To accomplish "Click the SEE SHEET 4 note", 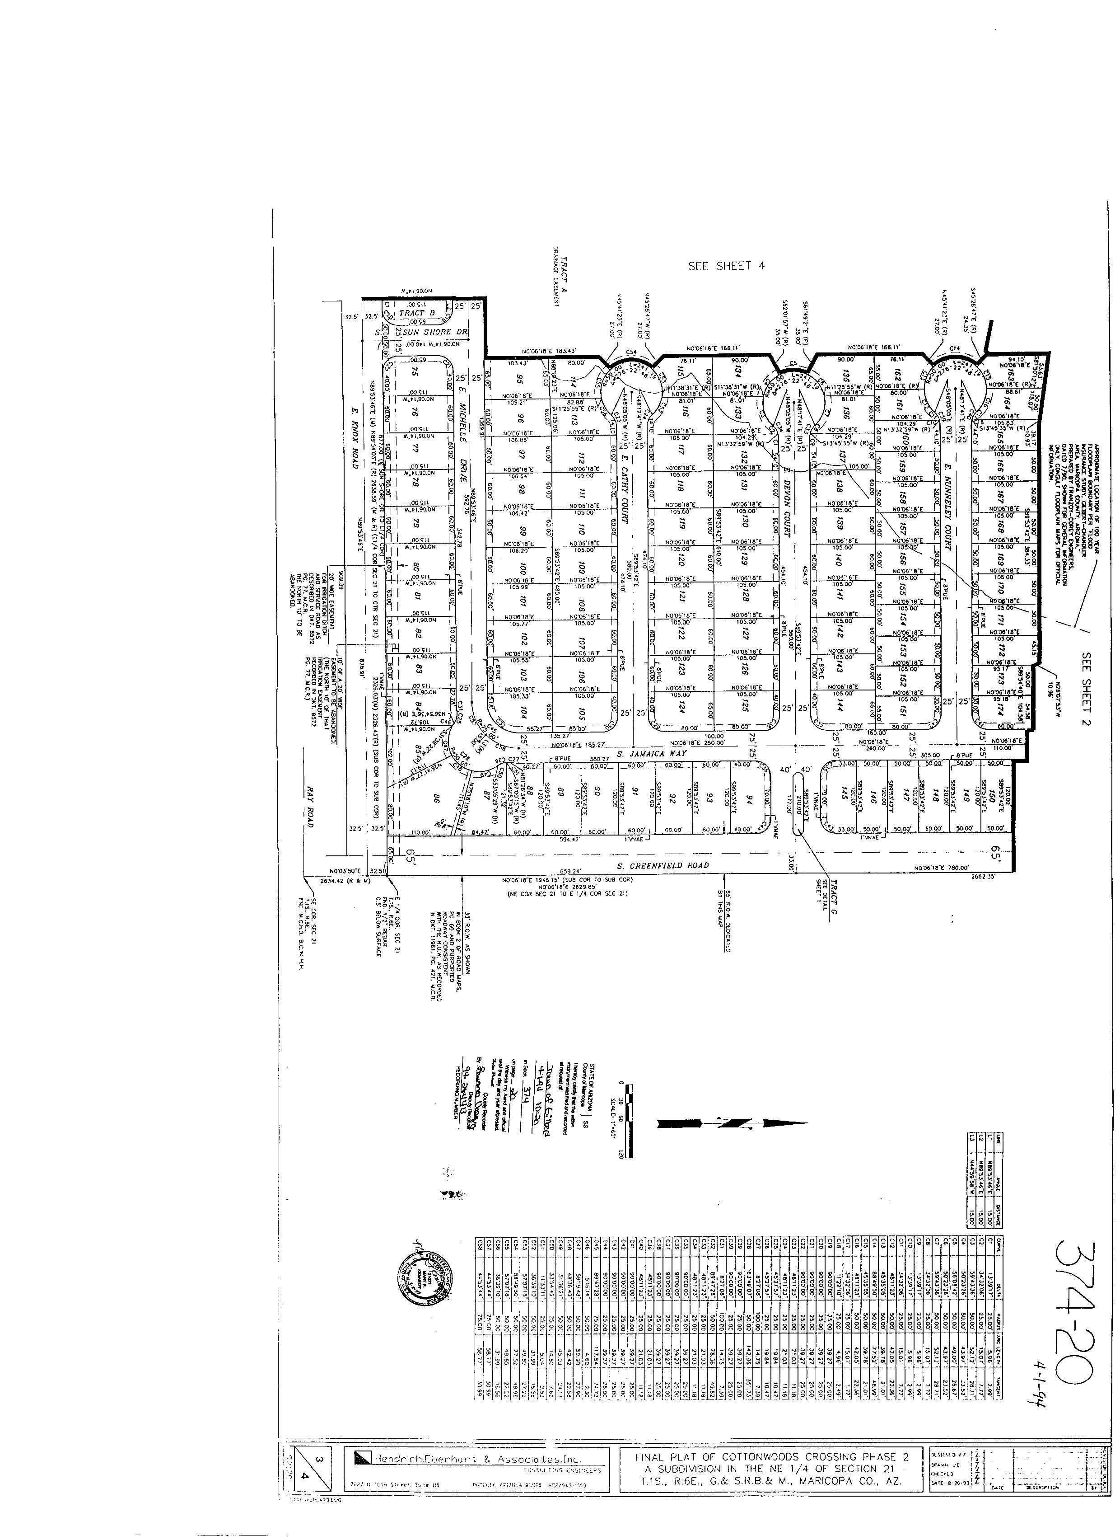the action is (x=726, y=266).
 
